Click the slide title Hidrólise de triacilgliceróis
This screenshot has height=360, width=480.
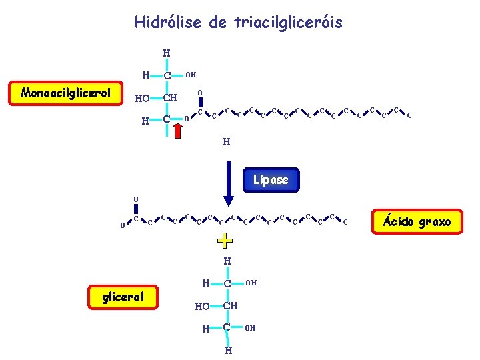[238, 23]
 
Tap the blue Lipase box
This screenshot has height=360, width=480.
[271, 179]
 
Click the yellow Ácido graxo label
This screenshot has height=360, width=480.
[417, 221]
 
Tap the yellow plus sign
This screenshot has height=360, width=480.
[227, 240]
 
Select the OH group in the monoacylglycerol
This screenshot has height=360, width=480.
[190, 75]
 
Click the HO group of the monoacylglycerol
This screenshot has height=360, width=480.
[141, 99]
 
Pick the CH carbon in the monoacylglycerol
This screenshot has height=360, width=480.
[170, 98]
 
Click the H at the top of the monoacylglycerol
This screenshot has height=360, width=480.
[167, 53]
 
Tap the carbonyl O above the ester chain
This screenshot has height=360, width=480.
[200, 93]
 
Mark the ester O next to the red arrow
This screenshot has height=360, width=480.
[186, 121]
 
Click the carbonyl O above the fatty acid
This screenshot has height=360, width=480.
[135, 199]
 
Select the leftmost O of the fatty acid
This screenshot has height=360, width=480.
[122, 225]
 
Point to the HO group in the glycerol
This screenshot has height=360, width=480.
[202, 307]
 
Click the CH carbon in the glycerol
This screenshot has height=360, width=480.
[230, 306]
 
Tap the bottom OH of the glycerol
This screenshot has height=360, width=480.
[250, 328]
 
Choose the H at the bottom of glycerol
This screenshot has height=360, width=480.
[227, 350]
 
